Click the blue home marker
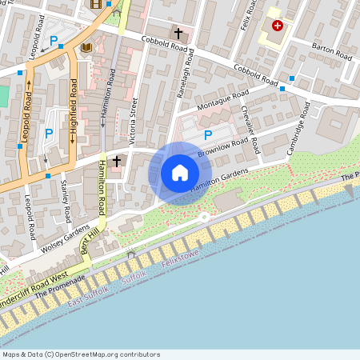[180, 173]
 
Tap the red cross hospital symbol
[277, 26]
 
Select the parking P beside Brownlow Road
[208, 135]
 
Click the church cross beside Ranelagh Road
[178, 34]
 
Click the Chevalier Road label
[250, 130]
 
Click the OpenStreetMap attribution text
[80, 354]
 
